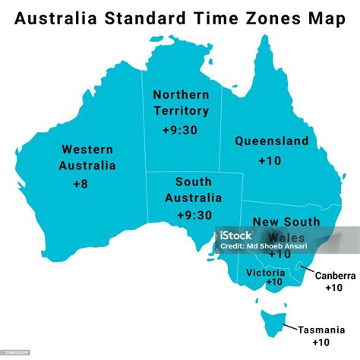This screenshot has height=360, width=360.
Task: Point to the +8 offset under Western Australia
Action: [x=80, y=183]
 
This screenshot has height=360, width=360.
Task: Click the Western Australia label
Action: [x=88, y=157]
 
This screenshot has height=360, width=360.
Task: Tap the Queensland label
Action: [x=271, y=141]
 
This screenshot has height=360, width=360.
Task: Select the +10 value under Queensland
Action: [x=270, y=160]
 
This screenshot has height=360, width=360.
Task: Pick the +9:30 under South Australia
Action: [x=194, y=215]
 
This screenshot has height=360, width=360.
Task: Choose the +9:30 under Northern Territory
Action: [x=181, y=130]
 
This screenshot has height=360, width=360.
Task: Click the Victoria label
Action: [x=266, y=272]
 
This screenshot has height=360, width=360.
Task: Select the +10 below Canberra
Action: [x=333, y=288]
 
